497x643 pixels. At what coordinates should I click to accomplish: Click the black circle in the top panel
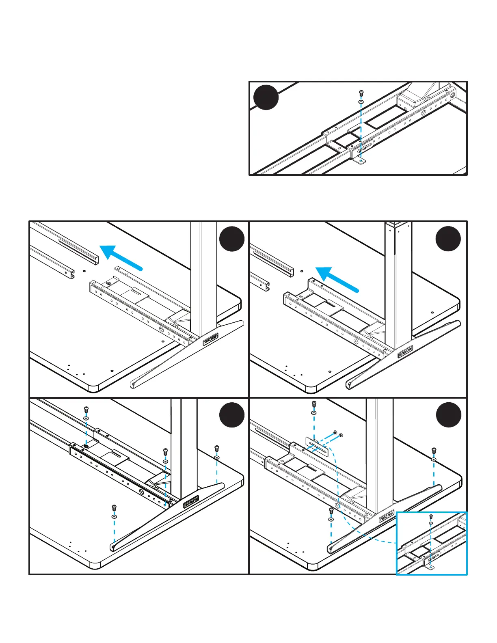pyautogui.click(x=266, y=97)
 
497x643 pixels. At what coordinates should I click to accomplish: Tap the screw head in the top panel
pyautogui.click(x=361, y=93)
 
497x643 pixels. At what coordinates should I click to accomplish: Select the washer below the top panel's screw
pyautogui.click(x=361, y=101)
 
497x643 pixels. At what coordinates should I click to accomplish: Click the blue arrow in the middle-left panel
pyautogui.click(x=121, y=257)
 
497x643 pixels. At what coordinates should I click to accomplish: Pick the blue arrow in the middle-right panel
pyautogui.click(x=337, y=279)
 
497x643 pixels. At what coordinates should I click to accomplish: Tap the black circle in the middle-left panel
pyautogui.click(x=232, y=239)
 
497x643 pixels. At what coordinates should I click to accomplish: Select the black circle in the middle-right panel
pyautogui.click(x=448, y=239)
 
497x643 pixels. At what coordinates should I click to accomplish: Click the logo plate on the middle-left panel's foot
pyautogui.click(x=211, y=339)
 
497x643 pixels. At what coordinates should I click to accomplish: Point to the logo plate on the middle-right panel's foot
pyautogui.click(x=405, y=351)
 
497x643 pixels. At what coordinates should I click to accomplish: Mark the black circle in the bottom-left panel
pyautogui.click(x=232, y=415)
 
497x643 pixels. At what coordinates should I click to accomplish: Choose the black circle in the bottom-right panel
pyautogui.click(x=448, y=415)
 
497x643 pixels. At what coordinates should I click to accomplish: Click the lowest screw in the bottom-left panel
pyautogui.click(x=114, y=508)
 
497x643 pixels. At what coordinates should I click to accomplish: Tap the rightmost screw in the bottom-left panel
pyautogui.click(x=217, y=449)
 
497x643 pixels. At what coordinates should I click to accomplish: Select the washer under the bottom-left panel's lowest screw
pyautogui.click(x=114, y=517)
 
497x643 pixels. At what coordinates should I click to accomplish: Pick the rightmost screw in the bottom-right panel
pyautogui.click(x=434, y=450)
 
